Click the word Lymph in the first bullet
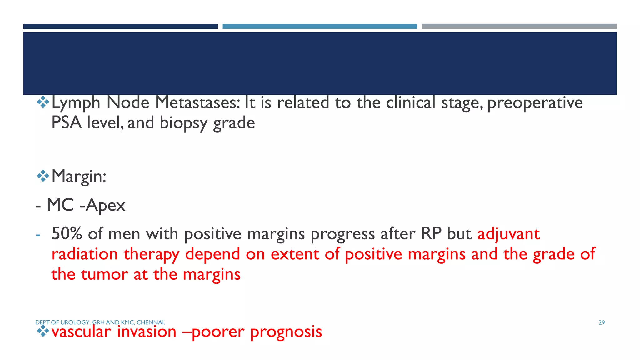(76, 103)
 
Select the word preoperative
(535, 103)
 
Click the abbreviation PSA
(66, 122)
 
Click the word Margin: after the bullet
(79, 176)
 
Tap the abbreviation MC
(60, 205)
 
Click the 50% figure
(67, 234)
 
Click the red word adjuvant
(508, 234)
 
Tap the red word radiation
(84, 254)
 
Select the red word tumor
(104, 274)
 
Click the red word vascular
(81, 332)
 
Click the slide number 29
(602, 322)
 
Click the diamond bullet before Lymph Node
(43, 102)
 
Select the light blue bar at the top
(320, 27)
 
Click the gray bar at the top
(519, 27)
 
